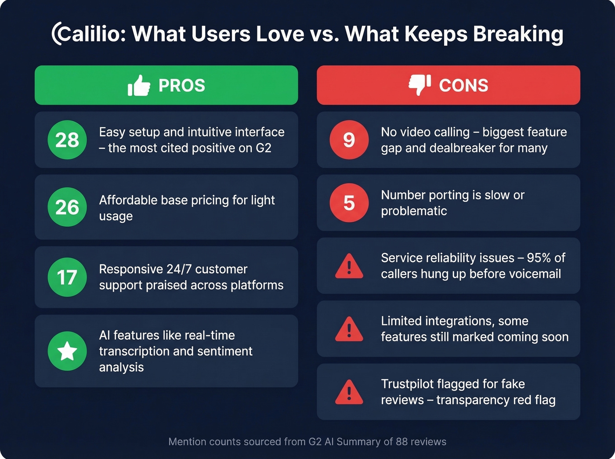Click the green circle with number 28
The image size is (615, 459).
click(x=67, y=140)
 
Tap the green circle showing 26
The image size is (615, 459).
click(x=67, y=207)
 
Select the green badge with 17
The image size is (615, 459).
click(x=67, y=277)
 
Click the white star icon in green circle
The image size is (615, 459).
click(x=67, y=351)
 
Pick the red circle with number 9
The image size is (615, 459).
click(x=349, y=140)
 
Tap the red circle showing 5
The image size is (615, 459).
click(x=349, y=203)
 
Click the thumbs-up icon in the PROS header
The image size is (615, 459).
click(x=139, y=85)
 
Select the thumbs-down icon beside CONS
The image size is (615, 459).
click(x=420, y=85)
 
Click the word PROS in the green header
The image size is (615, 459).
click(x=182, y=86)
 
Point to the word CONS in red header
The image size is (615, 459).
click(x=463, y=86)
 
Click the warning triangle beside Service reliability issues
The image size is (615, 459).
click(x=349, y=267)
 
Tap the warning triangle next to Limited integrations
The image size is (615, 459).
click(x=349, y=329)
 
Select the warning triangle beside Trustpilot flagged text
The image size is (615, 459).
click(x=349, y=392)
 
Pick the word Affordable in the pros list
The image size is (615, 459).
click(x=128, y=200)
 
